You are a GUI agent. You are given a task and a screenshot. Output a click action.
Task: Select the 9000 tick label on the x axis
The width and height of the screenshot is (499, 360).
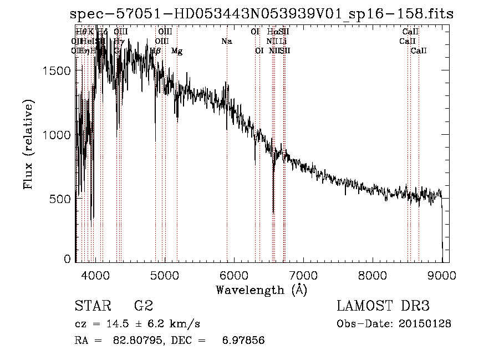pyautogui.click(x=442, y=274)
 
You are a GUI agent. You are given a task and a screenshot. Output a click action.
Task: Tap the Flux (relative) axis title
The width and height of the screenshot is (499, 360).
pyautogui.click(x=29, y=145)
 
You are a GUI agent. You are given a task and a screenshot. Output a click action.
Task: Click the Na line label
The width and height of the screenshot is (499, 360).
pyautogui.click(x=226, y=41)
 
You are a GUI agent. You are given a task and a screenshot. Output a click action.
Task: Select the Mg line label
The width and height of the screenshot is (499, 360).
pyautogui.click(x=177, y=50)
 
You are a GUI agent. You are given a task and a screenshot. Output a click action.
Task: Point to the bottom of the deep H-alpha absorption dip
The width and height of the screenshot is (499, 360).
pyautogui.click(x=273, y=212)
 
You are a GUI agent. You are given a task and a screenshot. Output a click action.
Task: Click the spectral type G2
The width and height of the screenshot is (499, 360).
pyautogui.click(x=143, y=306)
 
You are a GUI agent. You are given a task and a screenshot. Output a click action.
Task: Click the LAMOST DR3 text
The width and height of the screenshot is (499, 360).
pyautogui.click(x=383, y=306)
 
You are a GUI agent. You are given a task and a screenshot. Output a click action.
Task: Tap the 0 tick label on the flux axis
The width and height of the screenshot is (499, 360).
pyautogui.click(x=67, y=259)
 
